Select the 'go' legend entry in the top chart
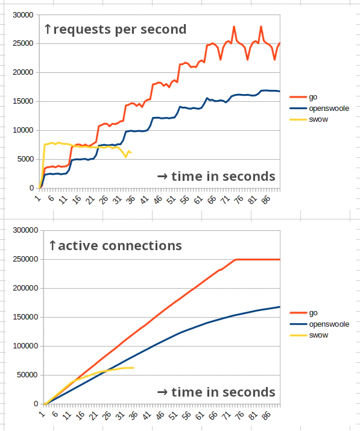pyautogui.click(x=313, y=96)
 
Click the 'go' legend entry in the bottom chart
pyautogui.click(x=313, y=313)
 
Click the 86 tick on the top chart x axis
pyautogui.click(x=265, y=198)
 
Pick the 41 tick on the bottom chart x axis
pyautogui.click(x=145, y=414)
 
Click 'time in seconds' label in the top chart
pyautogui.click(x=216, y=176)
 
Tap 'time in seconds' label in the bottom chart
pyautogui.click(x=216, y=392)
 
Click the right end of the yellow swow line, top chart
pyautogui.click(x=131, y=153)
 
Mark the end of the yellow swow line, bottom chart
pyautogui.click(x=133, y=368)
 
